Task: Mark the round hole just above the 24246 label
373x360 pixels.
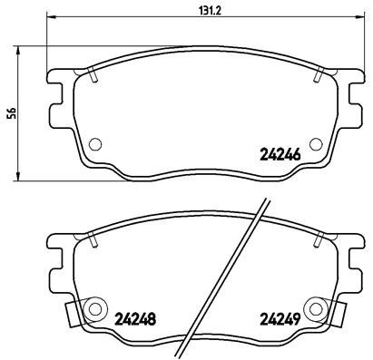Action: [x=314, y=142]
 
